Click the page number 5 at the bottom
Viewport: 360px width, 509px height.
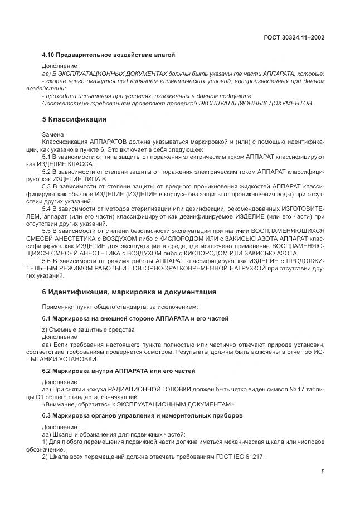[323, 471]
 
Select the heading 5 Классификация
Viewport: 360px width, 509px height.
[75, 119]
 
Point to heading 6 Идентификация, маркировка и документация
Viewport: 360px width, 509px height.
[129, 292]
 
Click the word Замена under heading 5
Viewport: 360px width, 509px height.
[53, 135]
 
